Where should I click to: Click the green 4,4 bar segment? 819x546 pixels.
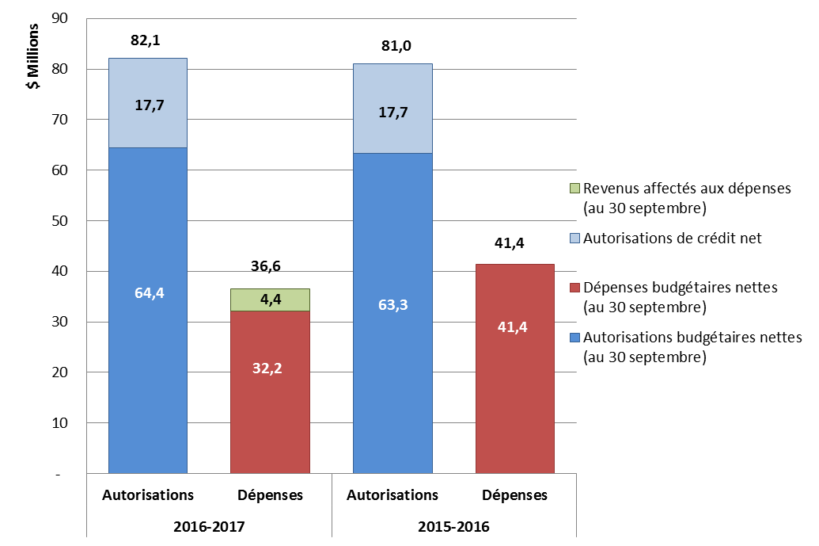269,300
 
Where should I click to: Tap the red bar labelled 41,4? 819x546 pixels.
514,368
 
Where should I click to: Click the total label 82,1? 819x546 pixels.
146,40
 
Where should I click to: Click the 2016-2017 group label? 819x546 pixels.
208,526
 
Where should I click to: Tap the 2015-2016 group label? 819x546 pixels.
453,526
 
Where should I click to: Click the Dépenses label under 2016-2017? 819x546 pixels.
270,495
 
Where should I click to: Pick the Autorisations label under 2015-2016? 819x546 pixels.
392,495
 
